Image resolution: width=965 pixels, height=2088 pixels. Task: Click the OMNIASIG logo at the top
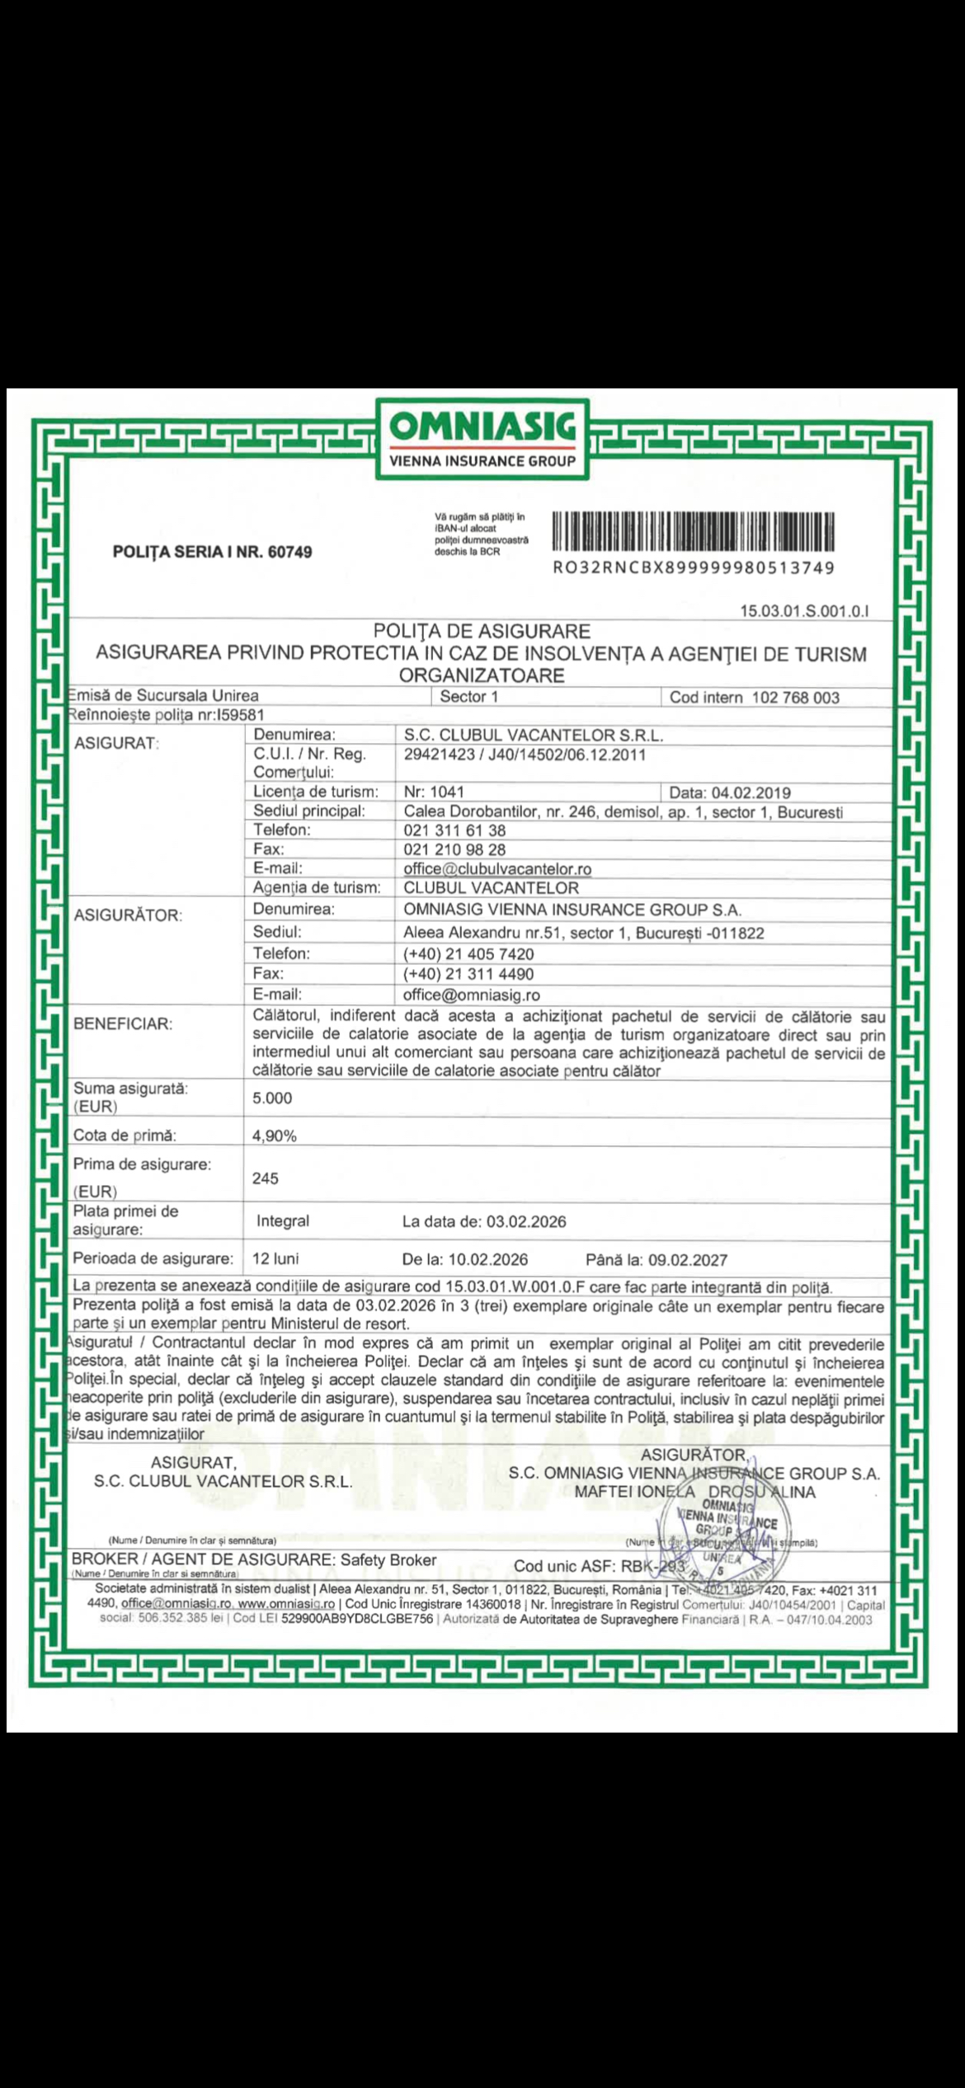(x=482, y=438)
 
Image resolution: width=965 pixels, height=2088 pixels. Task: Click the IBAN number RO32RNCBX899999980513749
(x=694, y=568)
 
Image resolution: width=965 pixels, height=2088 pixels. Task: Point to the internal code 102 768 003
(x=795, y=698)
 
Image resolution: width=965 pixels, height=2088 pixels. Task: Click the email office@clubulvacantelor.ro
(x=497, y=869)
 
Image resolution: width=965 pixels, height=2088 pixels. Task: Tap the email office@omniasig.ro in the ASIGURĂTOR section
(x=472, y=995)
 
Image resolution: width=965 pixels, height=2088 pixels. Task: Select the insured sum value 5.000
(x=272, y=1098)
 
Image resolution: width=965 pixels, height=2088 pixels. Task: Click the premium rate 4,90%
(x=274, y=1136)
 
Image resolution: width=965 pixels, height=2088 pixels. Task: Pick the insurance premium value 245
(x=266, y=1178)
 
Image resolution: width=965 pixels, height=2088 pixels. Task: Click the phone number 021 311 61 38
(x=454, y=830)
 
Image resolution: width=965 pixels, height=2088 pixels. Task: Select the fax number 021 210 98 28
(x=454, y=849)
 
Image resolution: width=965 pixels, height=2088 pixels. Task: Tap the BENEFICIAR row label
(x=123, y=1024)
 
